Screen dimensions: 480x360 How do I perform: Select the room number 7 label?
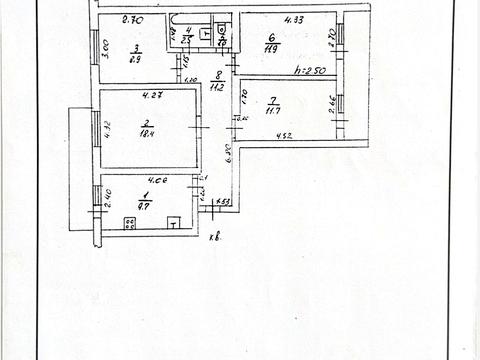[273, 99]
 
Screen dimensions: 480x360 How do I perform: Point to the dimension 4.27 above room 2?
[151, 95]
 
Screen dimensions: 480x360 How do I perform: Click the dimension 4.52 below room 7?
[283, 137]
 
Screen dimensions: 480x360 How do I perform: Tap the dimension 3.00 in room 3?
[105, 47]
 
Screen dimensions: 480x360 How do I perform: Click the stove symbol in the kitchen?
[129, 224]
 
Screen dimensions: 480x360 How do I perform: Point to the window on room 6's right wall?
[340, 34]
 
